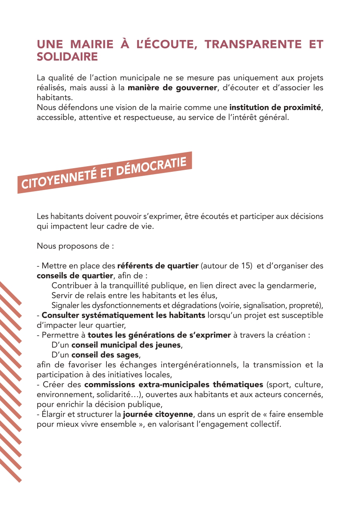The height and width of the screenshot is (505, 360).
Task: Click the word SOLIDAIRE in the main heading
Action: (67, 57)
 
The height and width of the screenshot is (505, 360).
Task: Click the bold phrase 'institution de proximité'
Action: (275, 107)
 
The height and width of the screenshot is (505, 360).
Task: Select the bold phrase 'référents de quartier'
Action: (158, 266)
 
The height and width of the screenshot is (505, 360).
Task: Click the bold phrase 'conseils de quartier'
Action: (75, 275)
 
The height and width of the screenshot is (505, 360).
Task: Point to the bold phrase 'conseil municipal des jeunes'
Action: (126, 345)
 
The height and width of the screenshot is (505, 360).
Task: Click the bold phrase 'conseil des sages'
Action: (105, 355)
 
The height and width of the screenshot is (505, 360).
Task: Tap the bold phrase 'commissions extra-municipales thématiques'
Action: (174, 384)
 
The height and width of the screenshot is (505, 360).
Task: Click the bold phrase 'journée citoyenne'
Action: (158, 414)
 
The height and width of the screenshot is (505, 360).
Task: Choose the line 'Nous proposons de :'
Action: (75, 246)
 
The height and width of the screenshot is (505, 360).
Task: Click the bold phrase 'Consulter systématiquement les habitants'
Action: (123, 315)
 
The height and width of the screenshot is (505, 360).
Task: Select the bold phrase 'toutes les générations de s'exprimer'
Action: (159, 335)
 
